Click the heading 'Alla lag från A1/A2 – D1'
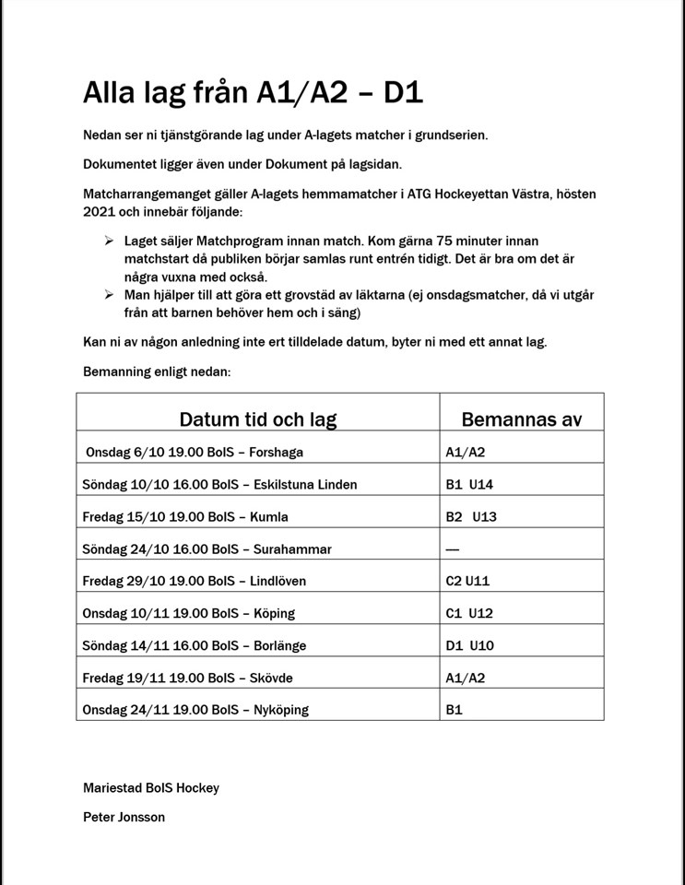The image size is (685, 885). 253,92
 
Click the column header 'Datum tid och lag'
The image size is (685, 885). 257,419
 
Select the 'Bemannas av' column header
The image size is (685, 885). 521,419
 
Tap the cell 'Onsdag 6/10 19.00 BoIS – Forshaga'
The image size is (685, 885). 194,453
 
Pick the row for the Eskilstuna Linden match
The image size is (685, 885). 219,484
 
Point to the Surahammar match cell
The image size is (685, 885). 207,549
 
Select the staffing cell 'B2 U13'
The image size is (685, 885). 471,516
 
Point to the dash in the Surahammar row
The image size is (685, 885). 452,549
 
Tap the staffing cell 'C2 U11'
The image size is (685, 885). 469,581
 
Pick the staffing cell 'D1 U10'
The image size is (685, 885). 469,645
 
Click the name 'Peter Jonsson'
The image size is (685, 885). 124,817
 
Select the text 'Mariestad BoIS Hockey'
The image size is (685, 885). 151,787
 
